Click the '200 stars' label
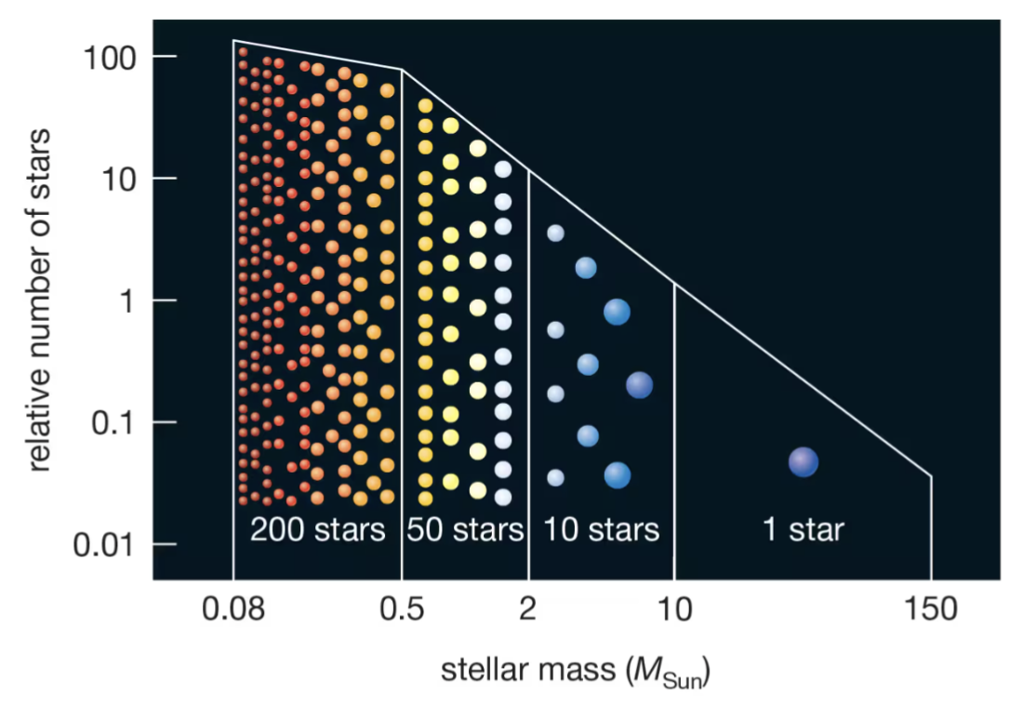[317, 530]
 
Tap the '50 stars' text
[466, 530]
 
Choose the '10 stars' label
[601, 530]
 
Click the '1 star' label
[803, 530]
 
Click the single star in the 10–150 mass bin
[803, 462]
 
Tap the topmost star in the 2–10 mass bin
[555, 233]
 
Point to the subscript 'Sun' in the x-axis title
[684, 676]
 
